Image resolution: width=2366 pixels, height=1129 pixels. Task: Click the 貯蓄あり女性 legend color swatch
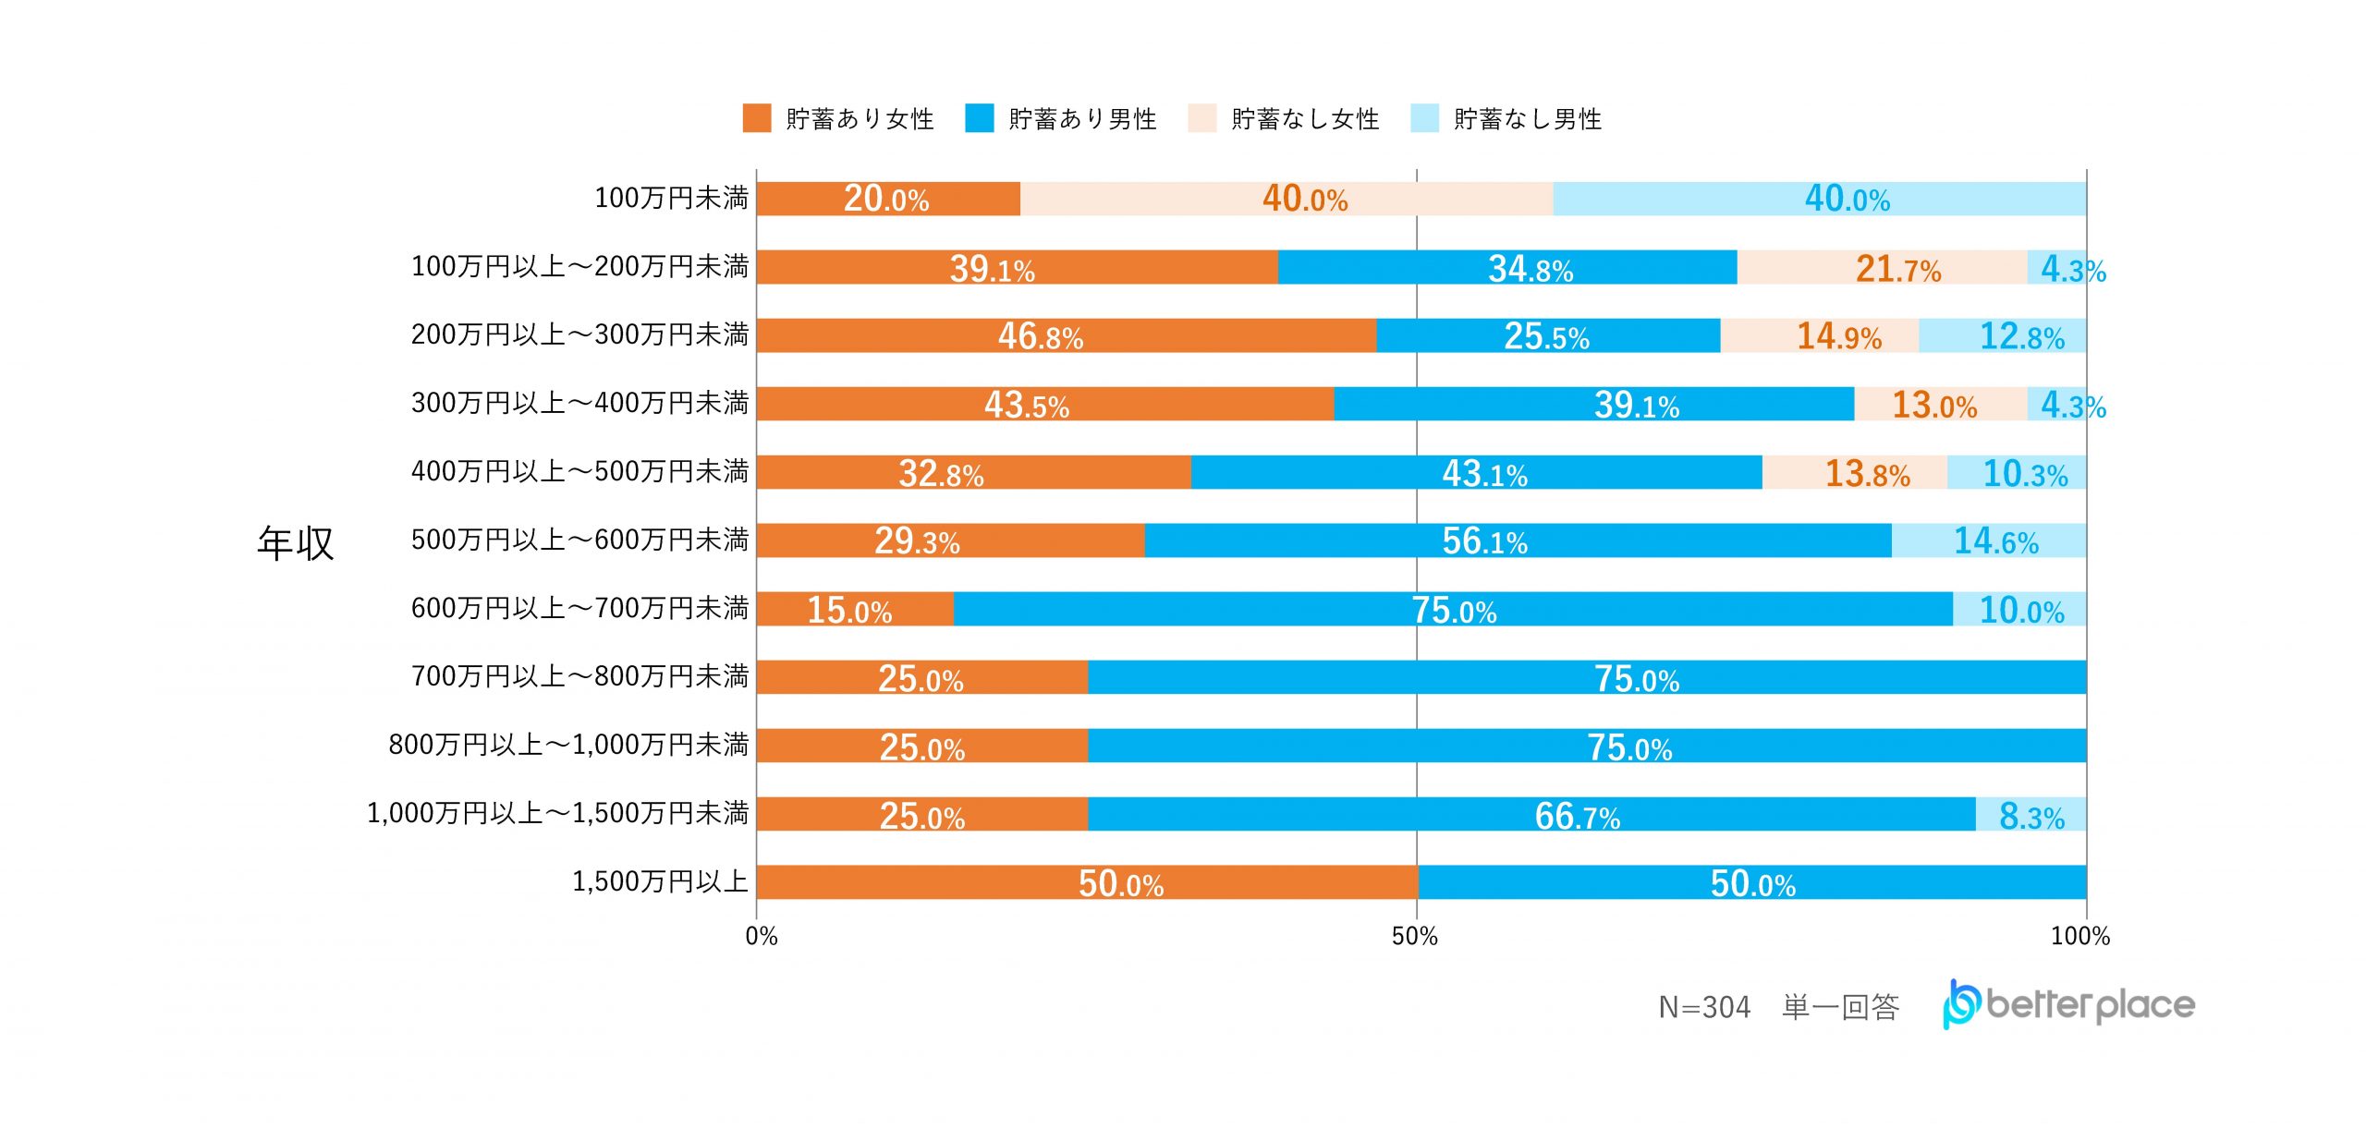pyautogui.click(x=757, y=118)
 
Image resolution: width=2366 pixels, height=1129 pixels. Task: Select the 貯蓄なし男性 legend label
pyautogui.click(x=1527, y=119)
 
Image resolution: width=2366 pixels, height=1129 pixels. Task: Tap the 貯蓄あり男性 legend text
pyautogui.click(x=1082, y=119)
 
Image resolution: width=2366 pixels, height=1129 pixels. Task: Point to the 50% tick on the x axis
pyautogui.click(x=1415, y=936)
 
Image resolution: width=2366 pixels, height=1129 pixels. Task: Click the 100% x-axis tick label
pyautogui.click(x=2079, y=936)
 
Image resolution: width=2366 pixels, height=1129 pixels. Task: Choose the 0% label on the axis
pyautogui.click(x=762, y=936)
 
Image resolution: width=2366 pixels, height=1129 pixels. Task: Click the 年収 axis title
pyautogui.click(x=295, y=542)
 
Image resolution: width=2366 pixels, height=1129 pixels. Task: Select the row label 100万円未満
pyautogui.click(x=671, y=198)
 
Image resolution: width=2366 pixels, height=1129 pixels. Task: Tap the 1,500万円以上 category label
pyautogui.click(x=660, y=881)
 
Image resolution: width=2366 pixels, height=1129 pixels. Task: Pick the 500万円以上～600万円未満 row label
pyautogui.click(x=579, y=540)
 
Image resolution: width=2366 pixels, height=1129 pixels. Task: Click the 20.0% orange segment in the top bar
pyautogui.click(x=888, y=199)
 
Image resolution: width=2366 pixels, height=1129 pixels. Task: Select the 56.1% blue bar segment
pyautogui.click(x=1518, y=540)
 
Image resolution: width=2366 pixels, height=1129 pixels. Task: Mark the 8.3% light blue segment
pyautogui.click(x=2031, y=815)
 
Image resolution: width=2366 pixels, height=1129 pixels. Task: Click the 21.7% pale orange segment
pyautogui.click(x=1882, y=268)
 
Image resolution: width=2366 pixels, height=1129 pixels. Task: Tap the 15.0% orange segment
pyautogui.click(x=855, y=610)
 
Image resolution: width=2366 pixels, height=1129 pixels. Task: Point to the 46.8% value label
pyautogui.click(x=1040, y=336)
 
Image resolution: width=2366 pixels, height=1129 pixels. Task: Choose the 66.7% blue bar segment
pyautogui.click(x=1531, y=815)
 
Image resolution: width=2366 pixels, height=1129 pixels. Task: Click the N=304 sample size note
pyautogui.click(x=1704, y=1007)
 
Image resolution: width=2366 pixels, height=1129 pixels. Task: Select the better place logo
pyautogui.click(x=2068, y=1004)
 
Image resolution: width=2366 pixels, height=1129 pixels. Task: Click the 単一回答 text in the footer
pyautogui.click(x=1840, y=1007)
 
